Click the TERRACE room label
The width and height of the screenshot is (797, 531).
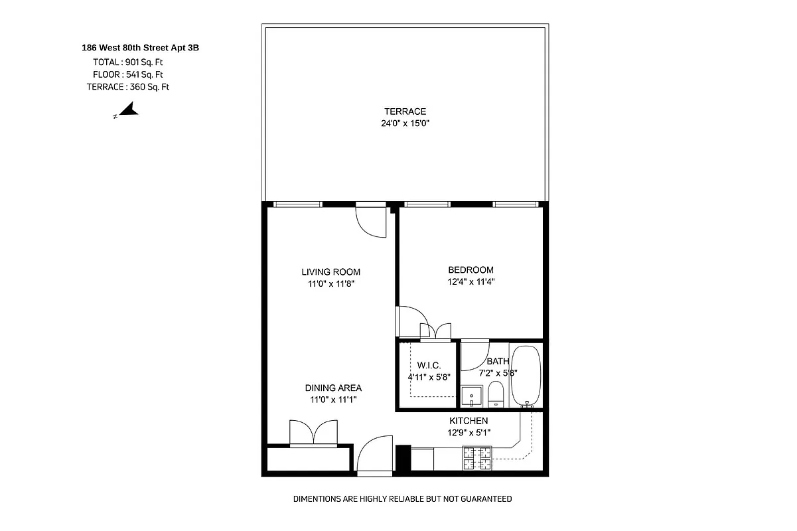(405, 112)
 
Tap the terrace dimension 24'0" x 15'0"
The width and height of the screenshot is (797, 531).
(405, 123)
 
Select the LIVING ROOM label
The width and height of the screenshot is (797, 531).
(330, 271)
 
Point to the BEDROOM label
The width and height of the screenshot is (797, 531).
(471, 269)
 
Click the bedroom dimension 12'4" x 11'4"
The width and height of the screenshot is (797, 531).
(471, 281)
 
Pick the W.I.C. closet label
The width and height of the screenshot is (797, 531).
(429, 366)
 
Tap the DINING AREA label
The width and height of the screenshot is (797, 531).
(333, 388)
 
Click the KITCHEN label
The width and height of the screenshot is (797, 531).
(469, 421)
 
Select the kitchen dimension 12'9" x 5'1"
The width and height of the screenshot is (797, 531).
(469, 433)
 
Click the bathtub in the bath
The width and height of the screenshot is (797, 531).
(527, 375)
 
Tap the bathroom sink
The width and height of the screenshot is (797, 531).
(472, 396)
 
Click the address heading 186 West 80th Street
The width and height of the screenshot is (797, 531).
(140, 48)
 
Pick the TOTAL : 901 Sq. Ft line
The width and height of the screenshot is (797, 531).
(128, 62)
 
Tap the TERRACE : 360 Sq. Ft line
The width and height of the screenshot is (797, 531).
(127, 86)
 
